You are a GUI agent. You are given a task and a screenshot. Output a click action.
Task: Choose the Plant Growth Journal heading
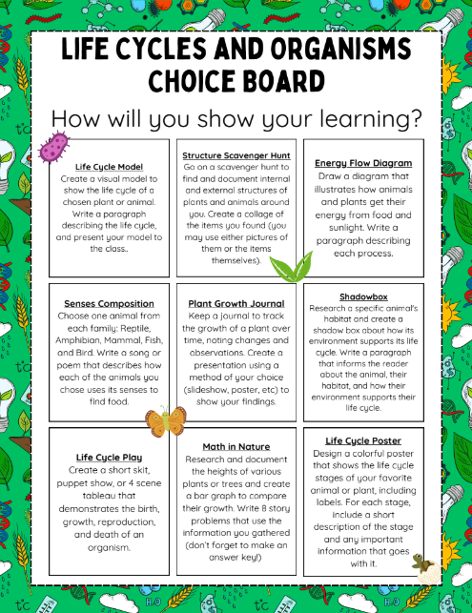coord(235,303)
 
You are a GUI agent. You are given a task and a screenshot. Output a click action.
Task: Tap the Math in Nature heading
coord(235,446)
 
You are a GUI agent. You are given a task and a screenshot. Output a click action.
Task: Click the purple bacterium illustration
coord(53,147)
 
